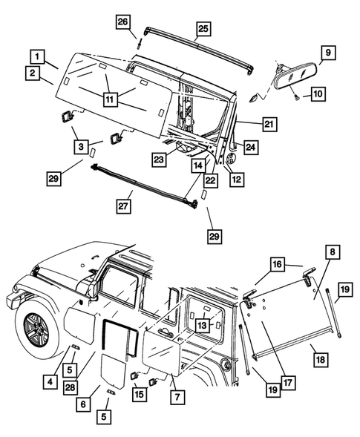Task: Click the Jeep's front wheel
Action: (33, 324)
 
